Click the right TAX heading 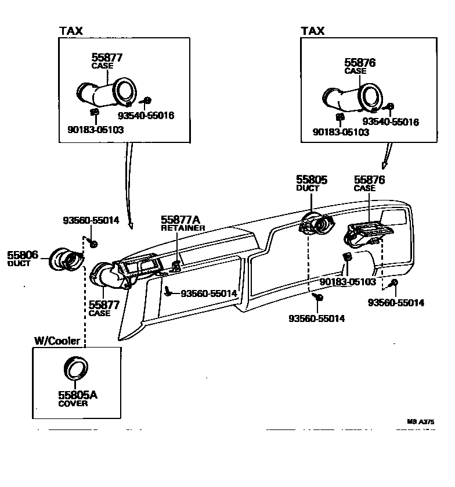click(x=312, y=30)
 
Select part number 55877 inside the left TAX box click(x=107, y=58)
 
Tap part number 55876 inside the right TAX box click(x=360, y=63)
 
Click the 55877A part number click(x=180, y=220)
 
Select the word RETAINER click(x=183, y=228)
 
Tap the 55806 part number click(x=23, y=255)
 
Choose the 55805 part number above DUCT click(x=312, y=180)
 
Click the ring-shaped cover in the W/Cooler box click(x=75, y=368)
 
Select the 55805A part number click(x=77, y=395)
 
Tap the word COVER click(x=73, y=403)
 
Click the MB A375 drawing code click(x=420, y=422)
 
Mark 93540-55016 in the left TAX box click(x=146, y=116)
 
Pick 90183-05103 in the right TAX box click(x=341, y=133)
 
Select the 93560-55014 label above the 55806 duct click(x=91, y=221)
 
